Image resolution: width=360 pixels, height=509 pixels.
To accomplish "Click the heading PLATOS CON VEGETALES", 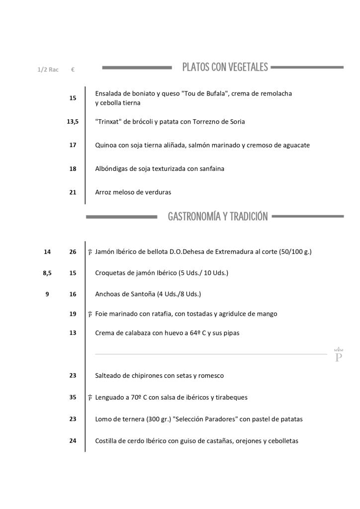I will pyautogui.click(x=225, y=67).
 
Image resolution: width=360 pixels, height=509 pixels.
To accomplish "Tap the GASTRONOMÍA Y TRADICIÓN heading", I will pyautogui.click(x=218, y=216).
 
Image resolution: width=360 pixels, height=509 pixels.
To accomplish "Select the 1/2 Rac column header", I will pyautogui.click(x=48, y=70).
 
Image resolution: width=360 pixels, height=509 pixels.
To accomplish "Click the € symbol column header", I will pyautogui.click(x=73, y=70).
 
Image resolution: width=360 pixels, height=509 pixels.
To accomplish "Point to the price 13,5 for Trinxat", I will pyautogui.click(x=73, y=121).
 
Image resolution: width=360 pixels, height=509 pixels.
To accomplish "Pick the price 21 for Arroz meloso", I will pyautogui.click(x=73, y=192).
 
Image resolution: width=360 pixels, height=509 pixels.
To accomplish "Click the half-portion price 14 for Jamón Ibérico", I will pyautogui.click(x=47, y=252).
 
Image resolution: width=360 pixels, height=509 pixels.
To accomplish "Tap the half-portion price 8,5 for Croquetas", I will pyautogui.click(x=47, y=273).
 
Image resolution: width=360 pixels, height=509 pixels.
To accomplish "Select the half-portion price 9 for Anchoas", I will pyautogui.click(x=47, y=294).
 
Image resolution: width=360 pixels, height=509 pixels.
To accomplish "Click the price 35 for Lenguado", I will pyautogui.click(x=73, y=397).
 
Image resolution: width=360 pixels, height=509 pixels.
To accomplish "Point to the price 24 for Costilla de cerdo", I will pyautogui.click(x=73, y=440).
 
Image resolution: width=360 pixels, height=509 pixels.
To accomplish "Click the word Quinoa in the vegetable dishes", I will pyautogui.click(x=106, y=145).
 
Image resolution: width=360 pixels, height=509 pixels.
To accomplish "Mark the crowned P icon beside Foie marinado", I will pyautogui.click(x=90, y=314).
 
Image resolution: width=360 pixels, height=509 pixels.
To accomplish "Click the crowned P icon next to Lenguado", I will pyautogui.click(x=90, y=398).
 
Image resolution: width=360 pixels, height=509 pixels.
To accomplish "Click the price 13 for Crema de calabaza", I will pyautogui.click(x=73, y=333).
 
